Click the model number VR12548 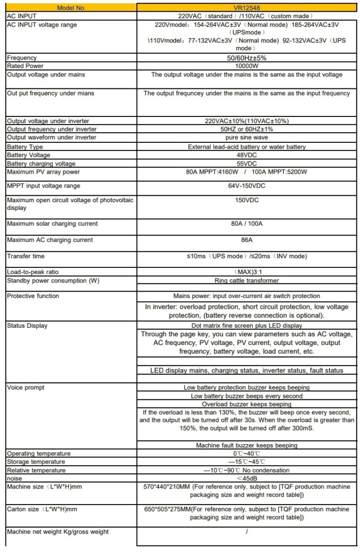click(246, 8)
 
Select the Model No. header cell click(70, 8)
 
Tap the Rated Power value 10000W click(246, 66)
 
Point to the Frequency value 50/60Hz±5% click(246, 57)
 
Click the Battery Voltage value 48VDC click(246, 155)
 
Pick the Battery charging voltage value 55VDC click(246, 163)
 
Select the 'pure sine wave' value click(246, 137)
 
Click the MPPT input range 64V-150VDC click(246, 186)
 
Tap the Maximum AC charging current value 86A click(246, 240)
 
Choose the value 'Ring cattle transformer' click(246, 281)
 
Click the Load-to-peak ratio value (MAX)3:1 click(246, 272)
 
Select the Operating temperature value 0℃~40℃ click(246, 454)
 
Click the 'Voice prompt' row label click(26, 388)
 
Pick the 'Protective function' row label click(33, 296)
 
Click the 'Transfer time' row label click(26, 256)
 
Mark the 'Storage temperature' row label click(36, 462)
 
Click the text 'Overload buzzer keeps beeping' click(246, 404)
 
